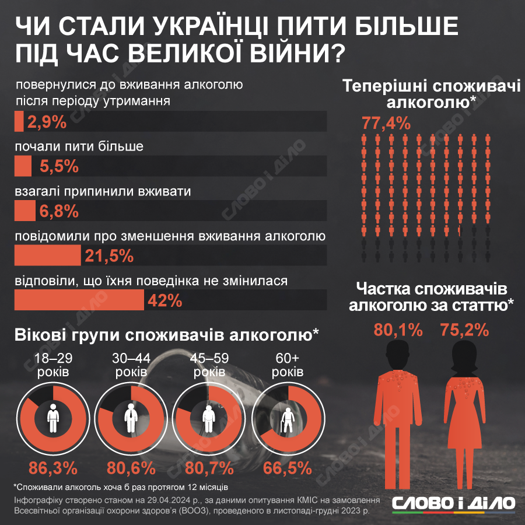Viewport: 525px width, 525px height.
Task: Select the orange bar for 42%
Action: (x=79, y=300)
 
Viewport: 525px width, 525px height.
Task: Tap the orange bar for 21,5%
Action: (x=47, y=256)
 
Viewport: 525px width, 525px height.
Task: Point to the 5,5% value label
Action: (x=59, y=167)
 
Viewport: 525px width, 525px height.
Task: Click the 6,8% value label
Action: (x=59, y=211)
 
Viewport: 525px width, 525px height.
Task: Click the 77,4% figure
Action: (x=386, y=123)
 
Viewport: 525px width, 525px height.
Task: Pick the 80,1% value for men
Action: (x=398, y=330)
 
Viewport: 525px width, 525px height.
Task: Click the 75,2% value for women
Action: (x=464, y=330)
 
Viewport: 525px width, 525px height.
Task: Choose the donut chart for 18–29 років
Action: (x=52, y=418)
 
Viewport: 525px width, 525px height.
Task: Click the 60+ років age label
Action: (x=287, y=365)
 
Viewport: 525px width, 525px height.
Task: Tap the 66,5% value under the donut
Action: (x=287, y=468)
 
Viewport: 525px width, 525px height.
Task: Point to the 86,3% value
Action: (x=52, y=468)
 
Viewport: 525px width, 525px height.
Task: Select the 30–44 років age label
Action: (x=131, y=365)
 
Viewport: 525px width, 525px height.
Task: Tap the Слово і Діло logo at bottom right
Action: (x=453, y=503)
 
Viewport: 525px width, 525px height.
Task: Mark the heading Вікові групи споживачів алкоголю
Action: (x=167, y=335)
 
